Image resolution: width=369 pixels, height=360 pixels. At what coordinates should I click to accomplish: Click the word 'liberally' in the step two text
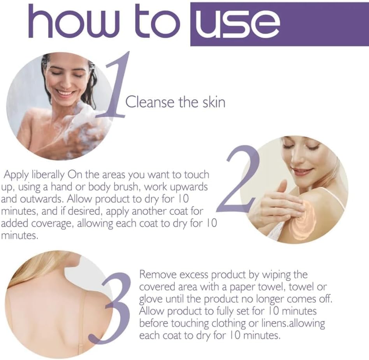48,175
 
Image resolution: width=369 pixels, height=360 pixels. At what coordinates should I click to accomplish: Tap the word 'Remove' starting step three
156,275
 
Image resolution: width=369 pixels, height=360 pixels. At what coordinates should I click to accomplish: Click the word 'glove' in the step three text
151,299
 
